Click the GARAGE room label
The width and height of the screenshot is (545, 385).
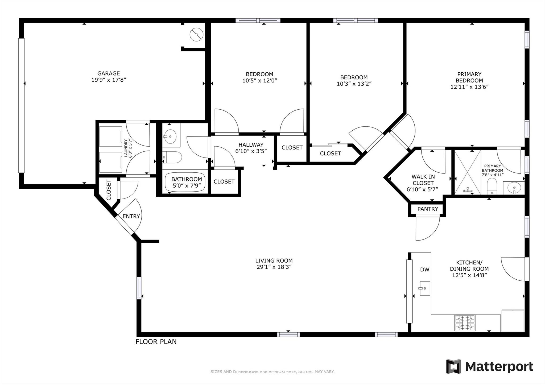pos(108,73)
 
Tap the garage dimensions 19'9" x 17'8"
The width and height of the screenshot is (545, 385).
pos(108,80)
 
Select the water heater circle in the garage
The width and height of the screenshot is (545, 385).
pos(196,34)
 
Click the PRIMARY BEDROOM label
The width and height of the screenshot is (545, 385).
pos(469,77)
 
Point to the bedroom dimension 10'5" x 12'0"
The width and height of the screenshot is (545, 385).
pos(259,81)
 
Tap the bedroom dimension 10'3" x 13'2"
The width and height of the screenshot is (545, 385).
pos(354,84)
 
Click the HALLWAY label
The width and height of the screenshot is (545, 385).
pos(251,145)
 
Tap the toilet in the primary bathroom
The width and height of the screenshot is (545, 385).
pos(492,186)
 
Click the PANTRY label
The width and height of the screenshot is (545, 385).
pos(427,209)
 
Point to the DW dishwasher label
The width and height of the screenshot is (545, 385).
pos(425,270)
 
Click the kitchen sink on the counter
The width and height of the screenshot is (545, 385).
pos(425,288)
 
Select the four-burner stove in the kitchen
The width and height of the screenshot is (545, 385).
pos(465,323)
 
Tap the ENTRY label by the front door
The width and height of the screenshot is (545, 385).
pos(131,216)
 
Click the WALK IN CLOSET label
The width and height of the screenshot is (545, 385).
pos(423,183)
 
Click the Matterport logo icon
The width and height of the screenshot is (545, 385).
pos(453,366)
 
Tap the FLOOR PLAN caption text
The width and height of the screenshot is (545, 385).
pos(156,342)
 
